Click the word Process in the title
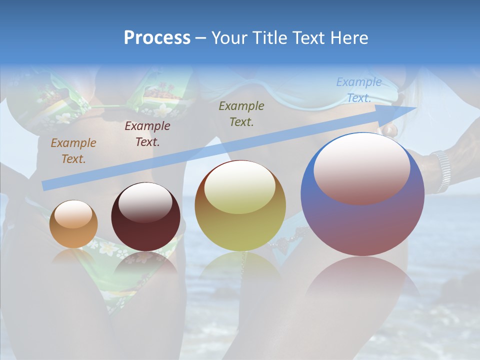point(157,38)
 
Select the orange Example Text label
point(73,151)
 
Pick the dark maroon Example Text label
point(147,134)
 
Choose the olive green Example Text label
point(241,113)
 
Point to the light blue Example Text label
point(358,90)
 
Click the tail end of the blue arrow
point(45,186)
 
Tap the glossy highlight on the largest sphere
point(361,168)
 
